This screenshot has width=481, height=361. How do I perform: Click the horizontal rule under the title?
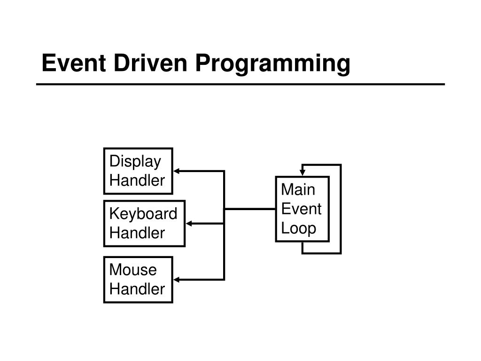pyautogui.click(x=240, y=85)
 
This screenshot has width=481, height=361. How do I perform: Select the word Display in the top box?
pyautogui.click(x=135, y=161)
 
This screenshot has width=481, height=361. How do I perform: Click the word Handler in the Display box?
pyautogui.click(x=137, y=180)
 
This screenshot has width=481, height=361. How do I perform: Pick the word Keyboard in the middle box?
pyautogui.click(x=143, y=214)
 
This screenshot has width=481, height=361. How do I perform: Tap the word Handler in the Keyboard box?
pyautogui.click(x=137, y=233)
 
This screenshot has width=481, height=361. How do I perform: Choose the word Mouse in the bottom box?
pyautogui.click(x=133, y=270)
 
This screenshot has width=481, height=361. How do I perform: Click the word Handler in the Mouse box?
pyautogui.click(x=137, y=289)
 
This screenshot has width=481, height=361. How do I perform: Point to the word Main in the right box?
pyautogui.click(x=298, y=190)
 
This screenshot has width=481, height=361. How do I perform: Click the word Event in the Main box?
pyautogui.click(x=301, y=209)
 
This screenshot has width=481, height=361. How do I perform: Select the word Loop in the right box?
pyautogui.click(x=299, y=228)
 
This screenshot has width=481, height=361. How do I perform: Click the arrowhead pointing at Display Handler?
pyautogui.click(x=178, y=171)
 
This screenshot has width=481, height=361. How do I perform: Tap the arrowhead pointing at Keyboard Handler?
pyautogui.click(x=190, y=224)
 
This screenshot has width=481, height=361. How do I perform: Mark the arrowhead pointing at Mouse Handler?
pyautogui.click(x=178, y=280)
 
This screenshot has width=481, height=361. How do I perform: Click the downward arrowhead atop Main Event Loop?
pyautogui.click(x=303, y=173)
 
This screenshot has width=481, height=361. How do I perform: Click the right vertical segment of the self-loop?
pyautogui.click(x=340, y=209)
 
